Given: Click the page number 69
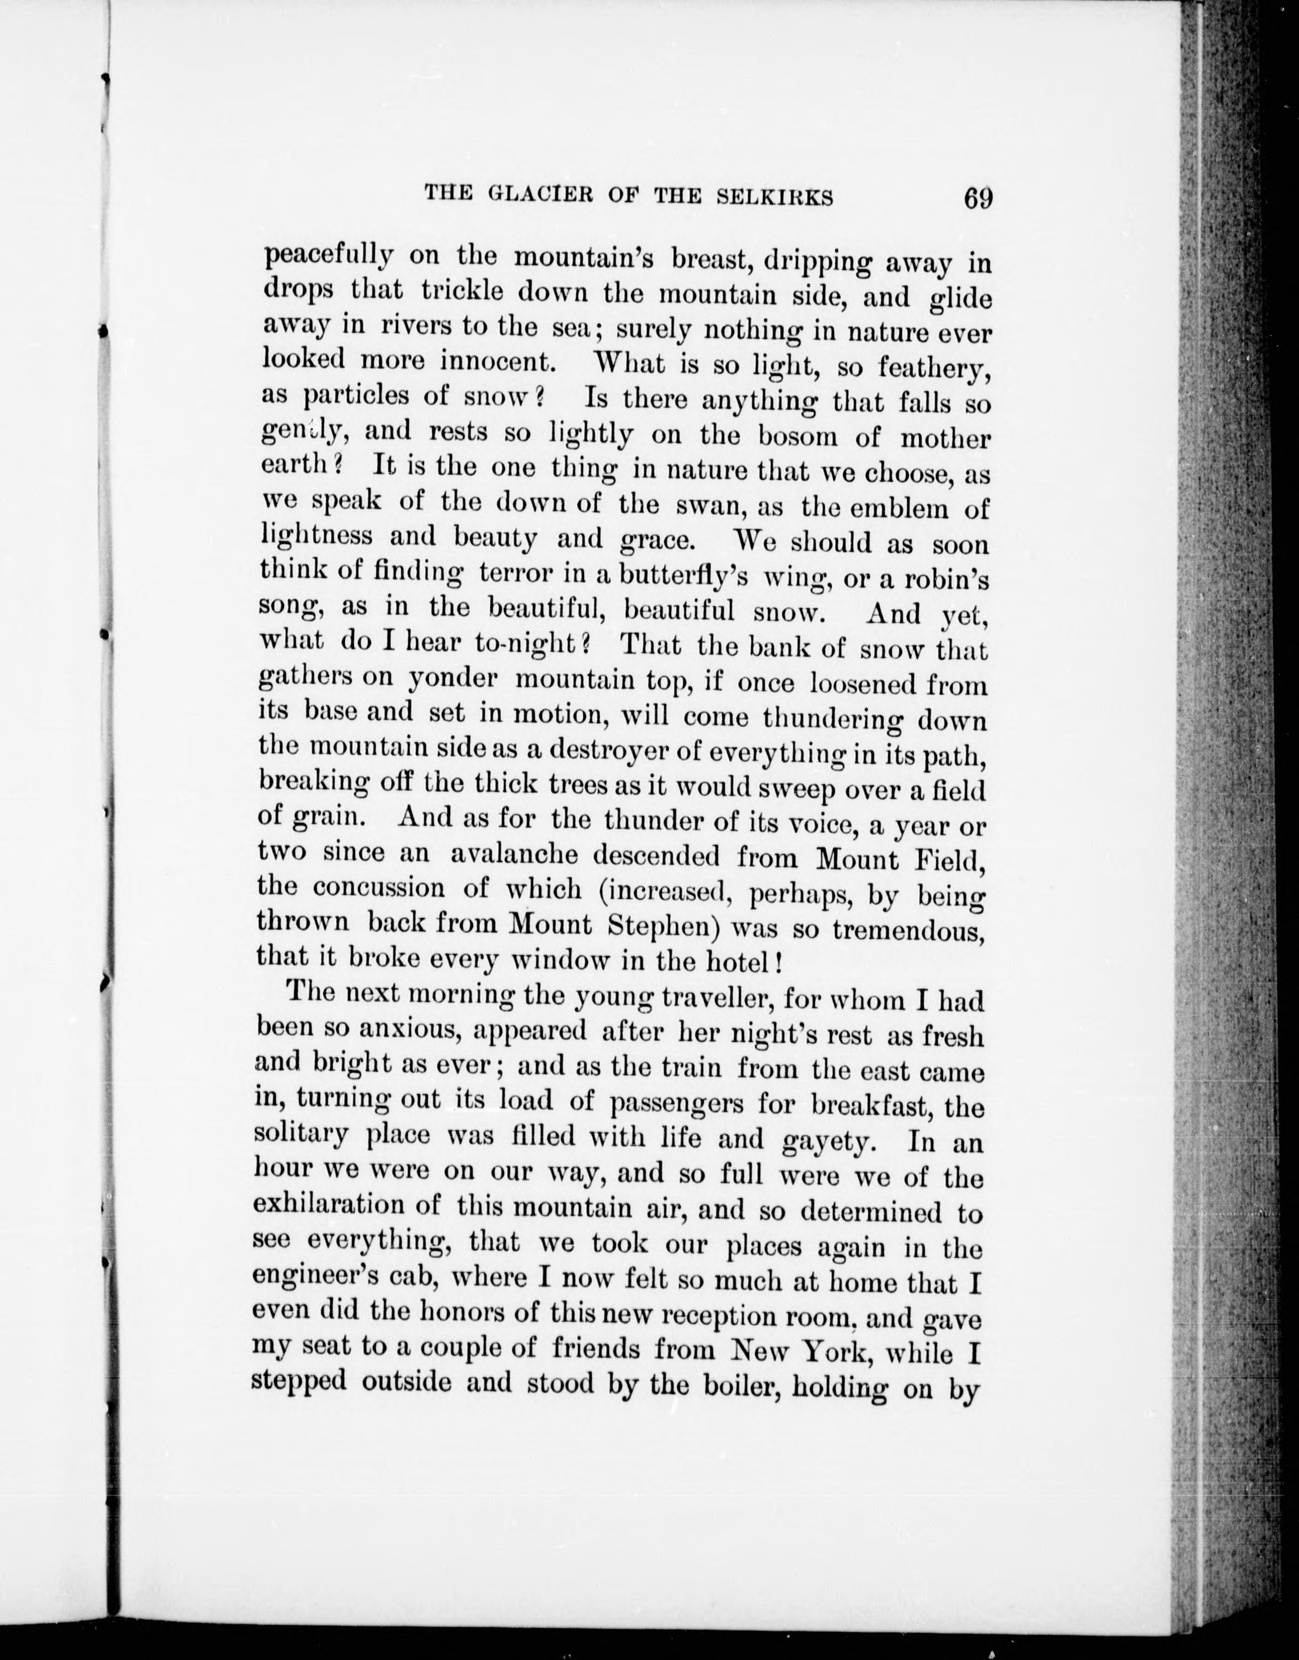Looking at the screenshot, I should click(x=977, y=199).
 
